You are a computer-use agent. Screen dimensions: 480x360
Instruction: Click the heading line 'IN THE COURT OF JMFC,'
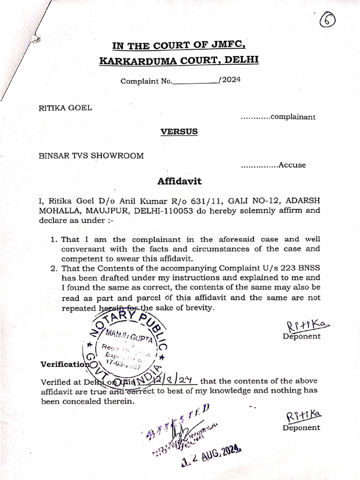click(180, 45)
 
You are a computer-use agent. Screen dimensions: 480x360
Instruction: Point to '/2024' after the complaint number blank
click(229, 80)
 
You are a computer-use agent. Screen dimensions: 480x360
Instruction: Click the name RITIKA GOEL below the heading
click(65, 107)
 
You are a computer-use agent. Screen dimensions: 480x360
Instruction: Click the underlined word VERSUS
click(180, 132)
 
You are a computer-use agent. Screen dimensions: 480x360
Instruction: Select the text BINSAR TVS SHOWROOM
click(91, 156)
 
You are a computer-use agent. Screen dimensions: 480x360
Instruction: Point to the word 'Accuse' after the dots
click(292, 165)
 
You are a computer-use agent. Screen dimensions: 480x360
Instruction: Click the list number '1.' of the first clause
click(54, 239)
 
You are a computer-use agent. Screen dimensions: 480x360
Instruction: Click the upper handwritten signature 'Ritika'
click(301, 324)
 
